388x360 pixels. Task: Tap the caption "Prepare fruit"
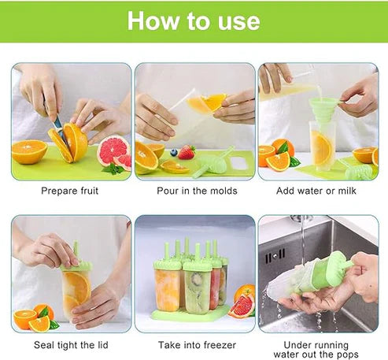coord(70,191)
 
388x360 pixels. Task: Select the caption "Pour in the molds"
coord(197,191)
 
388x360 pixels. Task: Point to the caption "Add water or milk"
coord(316,191)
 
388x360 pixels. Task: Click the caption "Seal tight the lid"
coord(71,345)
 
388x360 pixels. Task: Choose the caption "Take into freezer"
coord(197,345)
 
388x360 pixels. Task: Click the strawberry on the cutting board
coord(187,153)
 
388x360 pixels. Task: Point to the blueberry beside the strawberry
coord(174,152)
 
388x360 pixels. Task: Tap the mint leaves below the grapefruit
coord(113,169)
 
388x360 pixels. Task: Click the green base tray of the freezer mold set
coord(191,314)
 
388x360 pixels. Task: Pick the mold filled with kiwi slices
coord(197,287)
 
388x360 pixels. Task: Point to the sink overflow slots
coord(275,256)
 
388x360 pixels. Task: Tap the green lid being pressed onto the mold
coord(76,265)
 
